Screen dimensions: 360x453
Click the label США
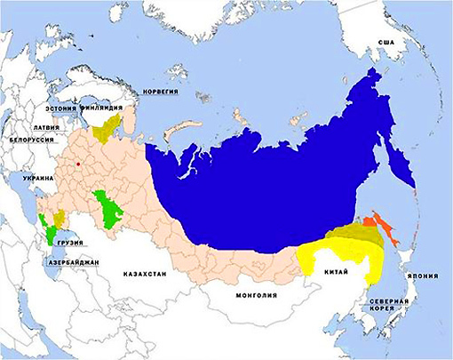tap(385, 43)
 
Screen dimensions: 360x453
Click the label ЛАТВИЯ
tap(44, 128)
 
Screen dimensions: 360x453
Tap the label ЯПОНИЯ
tap(425, 275)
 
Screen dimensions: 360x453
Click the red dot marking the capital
tap(78, 164)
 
